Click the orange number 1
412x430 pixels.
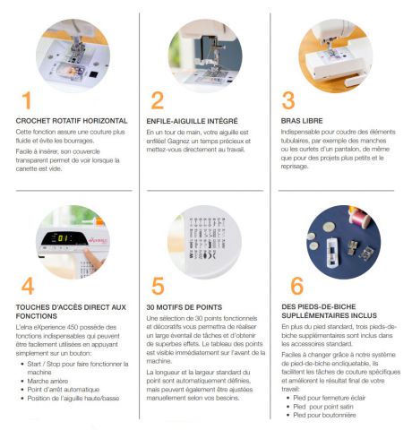(x=27, y=100)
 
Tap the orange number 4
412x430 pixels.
(x=28, y=286)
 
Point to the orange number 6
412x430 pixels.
(x=296, y=286)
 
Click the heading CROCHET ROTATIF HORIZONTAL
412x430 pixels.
(x=72, y=121)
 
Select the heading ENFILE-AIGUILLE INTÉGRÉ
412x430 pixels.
(x=192, y=121)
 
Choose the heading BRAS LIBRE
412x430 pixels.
(x=302, y=121)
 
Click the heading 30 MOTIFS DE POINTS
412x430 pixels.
(x=185, y=307)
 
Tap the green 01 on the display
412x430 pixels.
(x=64, y=238)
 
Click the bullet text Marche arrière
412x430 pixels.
(x=47, y=381)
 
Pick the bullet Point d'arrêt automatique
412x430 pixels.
(x=64, y=390)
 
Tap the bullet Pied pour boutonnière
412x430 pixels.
(x=324, y=415)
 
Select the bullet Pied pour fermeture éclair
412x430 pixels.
(x=330, y=398)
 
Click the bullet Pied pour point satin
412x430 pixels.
(x=323, y=407)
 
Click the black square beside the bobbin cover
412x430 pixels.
(x=93, y=74)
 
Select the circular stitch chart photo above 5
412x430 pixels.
(x=204, y=242)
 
